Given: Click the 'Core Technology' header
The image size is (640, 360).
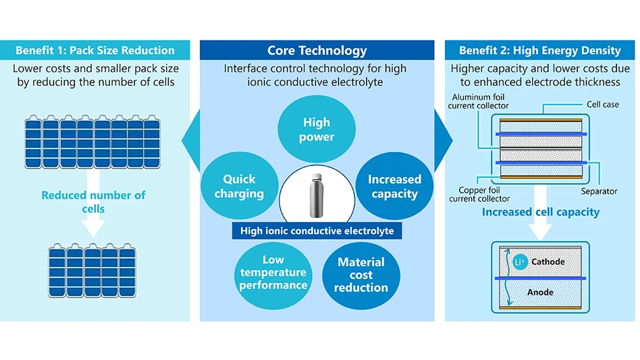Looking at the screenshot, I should pyautogui.click(x=317, y=51).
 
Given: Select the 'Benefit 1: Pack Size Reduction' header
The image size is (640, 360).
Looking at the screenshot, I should pyautogui.click(x=95, y=51).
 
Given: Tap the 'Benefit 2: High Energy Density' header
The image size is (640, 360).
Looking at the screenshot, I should pyautogui.click(x=539, y=51).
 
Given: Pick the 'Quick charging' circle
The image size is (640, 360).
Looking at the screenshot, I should pyautogui.click(x=239, y=186).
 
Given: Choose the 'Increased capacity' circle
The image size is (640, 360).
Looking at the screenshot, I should pyautogui.click(x=394, y=186).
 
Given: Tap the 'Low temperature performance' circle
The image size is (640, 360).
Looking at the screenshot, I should pyautogui.click(x=273, y=272).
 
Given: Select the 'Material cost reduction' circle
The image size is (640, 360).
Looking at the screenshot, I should pyautogui.click(x=361, y=274).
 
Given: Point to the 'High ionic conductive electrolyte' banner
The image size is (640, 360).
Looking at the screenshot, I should pyautogui.click(x=317, y=231).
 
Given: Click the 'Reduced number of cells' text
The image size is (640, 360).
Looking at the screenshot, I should pyautogui.click(x=93, y=201).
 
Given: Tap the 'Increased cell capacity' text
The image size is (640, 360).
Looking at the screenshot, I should pyautogui.click(x=540, y=212).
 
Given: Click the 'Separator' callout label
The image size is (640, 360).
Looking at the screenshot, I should pyautogui.click(x=598, y=191).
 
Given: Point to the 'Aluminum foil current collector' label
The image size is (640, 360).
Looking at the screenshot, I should pyautogui.click(x=478, y=102).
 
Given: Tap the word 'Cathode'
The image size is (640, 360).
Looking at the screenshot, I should pyautogui.click(x=548, y=261).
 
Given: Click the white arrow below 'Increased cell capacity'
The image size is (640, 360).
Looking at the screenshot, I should pyautogui.click(x=540, y=230).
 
